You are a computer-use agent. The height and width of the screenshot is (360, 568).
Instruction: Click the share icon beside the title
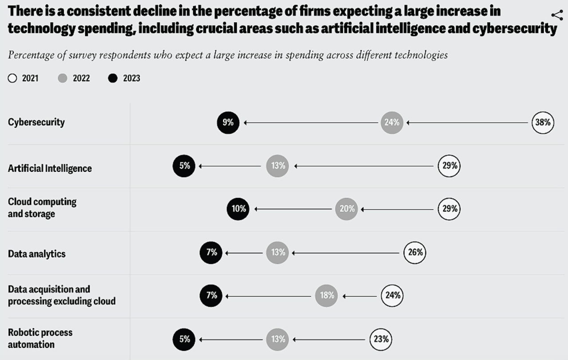click(x=557, y=15)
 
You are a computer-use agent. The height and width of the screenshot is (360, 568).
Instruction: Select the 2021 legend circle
click(x=12, y=79)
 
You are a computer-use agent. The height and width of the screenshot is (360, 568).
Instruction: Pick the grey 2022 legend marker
click(x=63, y=79)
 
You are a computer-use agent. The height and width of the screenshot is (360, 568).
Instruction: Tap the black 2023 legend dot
click(x=113, y=79)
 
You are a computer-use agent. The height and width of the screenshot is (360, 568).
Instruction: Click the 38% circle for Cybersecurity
click(x=543, y=123)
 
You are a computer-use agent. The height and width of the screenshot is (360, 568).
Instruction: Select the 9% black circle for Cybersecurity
click(x=228, y=123)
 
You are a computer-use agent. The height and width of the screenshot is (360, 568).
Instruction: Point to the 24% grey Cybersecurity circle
click(x=392, y=123)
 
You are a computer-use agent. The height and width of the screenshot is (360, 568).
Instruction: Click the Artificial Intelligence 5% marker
click(x=184, y=166)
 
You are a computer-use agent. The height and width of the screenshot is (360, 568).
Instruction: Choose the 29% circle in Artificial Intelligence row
click(x=449, y=166)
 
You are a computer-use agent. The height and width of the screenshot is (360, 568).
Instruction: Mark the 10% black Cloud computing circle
click(x=238, y=209)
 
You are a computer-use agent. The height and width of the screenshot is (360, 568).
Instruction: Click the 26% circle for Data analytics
click(x=414, y=253)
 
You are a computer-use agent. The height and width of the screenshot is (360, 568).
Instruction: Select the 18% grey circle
click(x=327, y=295)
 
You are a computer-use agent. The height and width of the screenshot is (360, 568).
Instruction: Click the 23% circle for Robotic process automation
click(x=381, y=340)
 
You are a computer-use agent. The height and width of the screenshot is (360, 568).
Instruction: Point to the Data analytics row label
click(x=36, y=254)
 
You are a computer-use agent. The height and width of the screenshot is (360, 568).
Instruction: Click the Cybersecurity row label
click(x=36, y=122)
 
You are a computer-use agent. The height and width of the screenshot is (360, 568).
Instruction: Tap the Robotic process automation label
click(x=40, y=338)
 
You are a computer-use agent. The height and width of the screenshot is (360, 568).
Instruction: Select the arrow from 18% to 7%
click(x=268, y=296)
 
